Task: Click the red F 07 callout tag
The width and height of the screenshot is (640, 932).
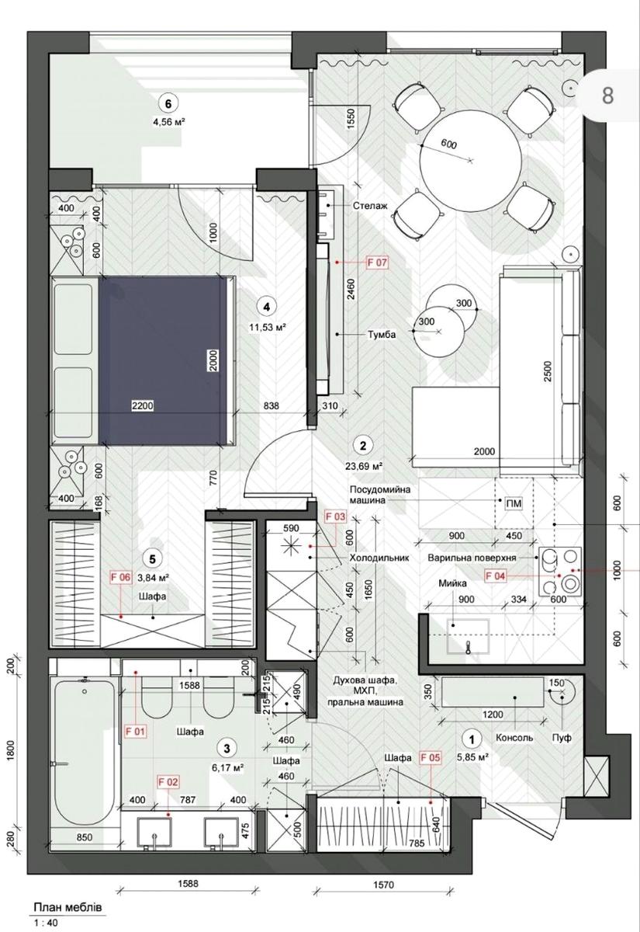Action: coord(377,263)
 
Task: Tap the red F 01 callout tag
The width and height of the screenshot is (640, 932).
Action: coord(136,731)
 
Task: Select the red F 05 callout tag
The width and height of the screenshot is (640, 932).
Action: coord(430,757)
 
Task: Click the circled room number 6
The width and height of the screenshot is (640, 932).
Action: coord(168,103)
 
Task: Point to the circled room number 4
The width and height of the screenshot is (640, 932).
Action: coord(266,307)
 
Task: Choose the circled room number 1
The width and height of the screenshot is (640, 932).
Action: coord(472,739)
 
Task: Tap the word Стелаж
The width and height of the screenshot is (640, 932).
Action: coord(370,206)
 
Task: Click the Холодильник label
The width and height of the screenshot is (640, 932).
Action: coord(379,558)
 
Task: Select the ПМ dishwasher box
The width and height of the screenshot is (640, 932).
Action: coord(514,504)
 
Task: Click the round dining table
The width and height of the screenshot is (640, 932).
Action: coord(470,161)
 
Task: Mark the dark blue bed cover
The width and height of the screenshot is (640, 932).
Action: coord(163,360)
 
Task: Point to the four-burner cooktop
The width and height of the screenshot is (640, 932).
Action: coord(560,572)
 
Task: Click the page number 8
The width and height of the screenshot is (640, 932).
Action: coord(607,96)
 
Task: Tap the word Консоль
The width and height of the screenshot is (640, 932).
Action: coord(514,738)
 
